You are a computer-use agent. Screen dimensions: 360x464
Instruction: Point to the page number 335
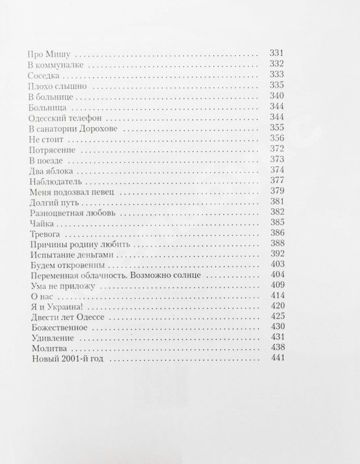[277, 86]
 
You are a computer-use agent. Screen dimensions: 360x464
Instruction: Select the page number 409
[277, 286]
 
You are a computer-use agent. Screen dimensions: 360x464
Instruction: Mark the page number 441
[277, 360]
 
